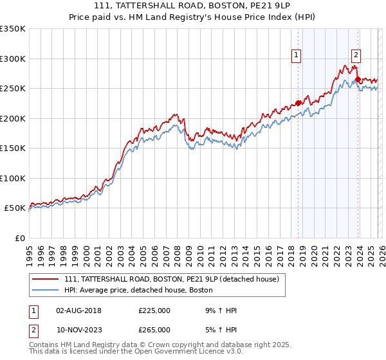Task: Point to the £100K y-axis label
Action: point(13,178)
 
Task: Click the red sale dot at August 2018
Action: point(299,103)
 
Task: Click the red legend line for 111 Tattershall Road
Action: point(46,280)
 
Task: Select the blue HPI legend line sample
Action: point(46,291)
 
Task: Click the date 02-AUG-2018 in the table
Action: point(78,310)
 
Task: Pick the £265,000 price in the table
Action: point(154,329)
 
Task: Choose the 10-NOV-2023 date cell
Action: point(78,329)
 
